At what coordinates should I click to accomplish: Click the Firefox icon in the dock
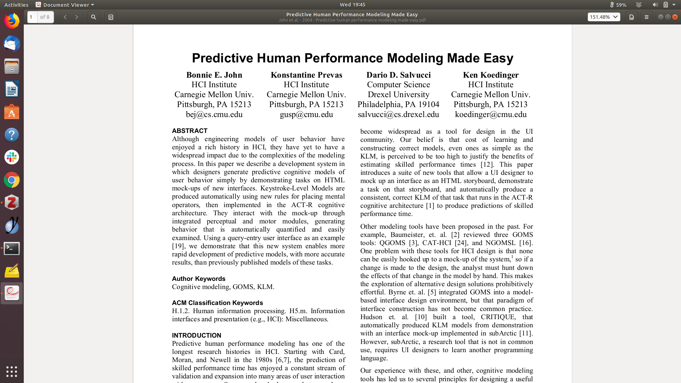click(12, 21)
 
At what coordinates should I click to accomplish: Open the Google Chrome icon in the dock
click(12, 180)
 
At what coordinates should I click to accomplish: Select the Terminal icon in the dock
click(12, 249)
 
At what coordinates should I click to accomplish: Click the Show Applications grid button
click(12, 371)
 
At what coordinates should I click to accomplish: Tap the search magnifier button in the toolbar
click(94, 17)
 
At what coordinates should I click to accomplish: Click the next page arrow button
click(77, 17)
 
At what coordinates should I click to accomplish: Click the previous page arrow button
click(65, 17)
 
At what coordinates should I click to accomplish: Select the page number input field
click(32, 17)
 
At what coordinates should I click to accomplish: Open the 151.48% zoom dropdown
click(604, 17)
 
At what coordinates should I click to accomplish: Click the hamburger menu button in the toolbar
click(647, 17)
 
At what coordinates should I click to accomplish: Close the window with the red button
click(675, 17)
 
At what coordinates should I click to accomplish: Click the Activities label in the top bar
click(16, 5)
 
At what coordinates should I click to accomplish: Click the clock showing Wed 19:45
click(352, 5)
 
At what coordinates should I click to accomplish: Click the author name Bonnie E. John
click(214, 75)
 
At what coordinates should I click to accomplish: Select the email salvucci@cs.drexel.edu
click(398, 115)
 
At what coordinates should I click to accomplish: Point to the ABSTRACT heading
click(190, 131)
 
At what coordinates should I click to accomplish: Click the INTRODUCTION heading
click(196, 335)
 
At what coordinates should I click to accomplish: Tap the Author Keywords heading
click(199, 279)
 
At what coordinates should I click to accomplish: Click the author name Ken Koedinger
click(491, 75)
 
